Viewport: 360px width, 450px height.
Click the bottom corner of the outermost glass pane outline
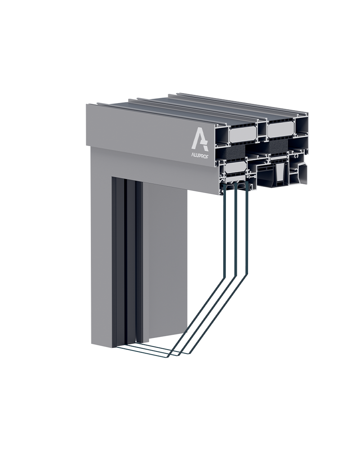point(167,357)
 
